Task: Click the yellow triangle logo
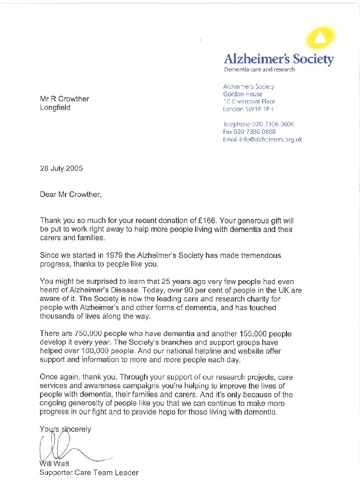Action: [x=320, y=37]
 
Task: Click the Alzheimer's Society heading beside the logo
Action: [x=279, y=59]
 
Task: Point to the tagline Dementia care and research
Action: [x=259, y=69]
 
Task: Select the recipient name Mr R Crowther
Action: [x=64, y=99]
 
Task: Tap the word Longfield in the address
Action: [x=55, y=107]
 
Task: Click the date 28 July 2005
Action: [x=61, y=168]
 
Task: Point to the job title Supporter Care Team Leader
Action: [x=89, y=473]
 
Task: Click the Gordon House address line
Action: [x=243, y=94]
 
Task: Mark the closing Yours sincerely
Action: [x=66, y=429]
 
